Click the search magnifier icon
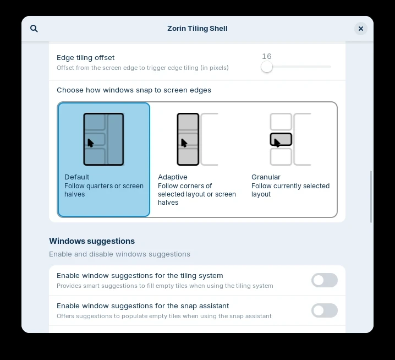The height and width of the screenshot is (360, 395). click(x=34, y=29)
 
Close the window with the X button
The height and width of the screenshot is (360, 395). click(x=361, y=29)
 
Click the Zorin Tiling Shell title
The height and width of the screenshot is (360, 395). click(x=197, y=29)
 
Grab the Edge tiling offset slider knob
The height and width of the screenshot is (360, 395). click(x=267, y=67)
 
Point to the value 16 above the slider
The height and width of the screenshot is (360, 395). click(x=267, y=56)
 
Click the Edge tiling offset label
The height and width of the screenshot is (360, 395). click(x=86, y=58)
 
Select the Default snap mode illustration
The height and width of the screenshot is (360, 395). click(x=103, y=139)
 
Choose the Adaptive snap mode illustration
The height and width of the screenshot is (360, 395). click(x=197, y=139)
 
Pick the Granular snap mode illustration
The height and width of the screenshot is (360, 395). click(x=290, y=139)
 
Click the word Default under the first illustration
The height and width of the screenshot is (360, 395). click(x=77, y=177)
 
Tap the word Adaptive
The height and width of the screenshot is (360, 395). click(x=173, y=177)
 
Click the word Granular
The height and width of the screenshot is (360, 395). click(x=266, y=177)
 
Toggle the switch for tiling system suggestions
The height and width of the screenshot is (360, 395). click(x=325, y=280)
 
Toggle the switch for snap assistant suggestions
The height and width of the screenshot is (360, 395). click(x=325, y=310)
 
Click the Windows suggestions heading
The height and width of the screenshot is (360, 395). click(x=92, y=241)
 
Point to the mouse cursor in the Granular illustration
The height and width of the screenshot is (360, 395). click(x=277, y=143)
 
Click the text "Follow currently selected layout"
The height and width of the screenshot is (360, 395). click(x=290, y=190)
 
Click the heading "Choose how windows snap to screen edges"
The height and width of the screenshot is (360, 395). click(x=134, y=90)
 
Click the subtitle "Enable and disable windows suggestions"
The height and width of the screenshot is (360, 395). click(x=120, y=254)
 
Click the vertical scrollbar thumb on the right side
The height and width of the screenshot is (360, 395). click(x=371, y=197)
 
